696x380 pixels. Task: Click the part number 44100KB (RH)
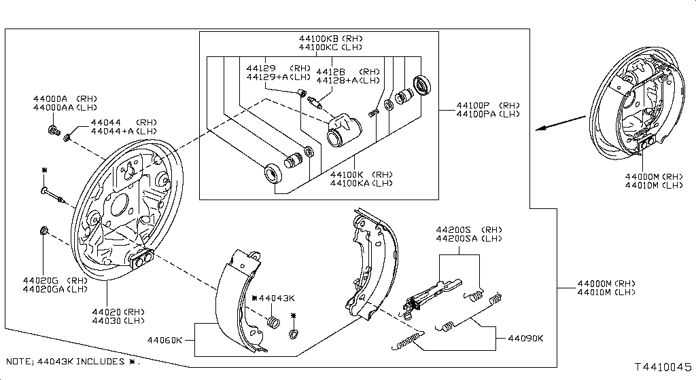point(331,39)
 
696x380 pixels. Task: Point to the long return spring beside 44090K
point(408,341)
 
